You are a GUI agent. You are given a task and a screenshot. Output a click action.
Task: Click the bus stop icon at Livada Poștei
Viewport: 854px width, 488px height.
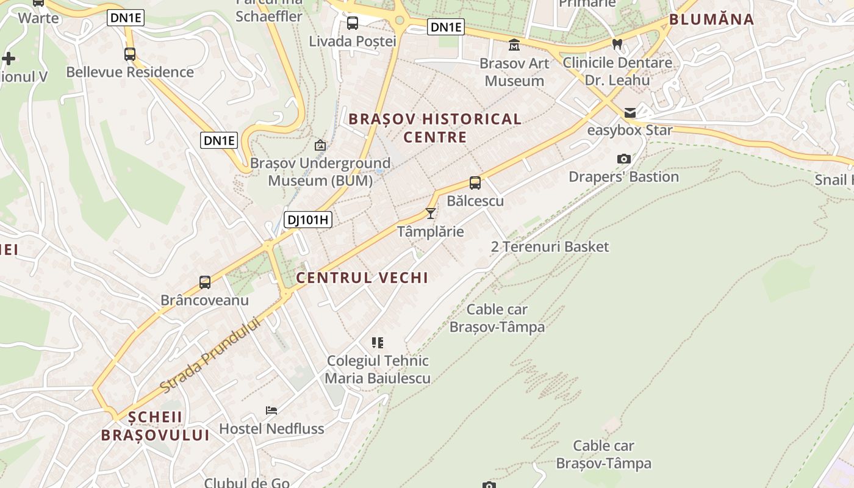[353, 23]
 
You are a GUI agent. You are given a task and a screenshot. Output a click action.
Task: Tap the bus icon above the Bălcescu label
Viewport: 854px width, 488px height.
[475, 182]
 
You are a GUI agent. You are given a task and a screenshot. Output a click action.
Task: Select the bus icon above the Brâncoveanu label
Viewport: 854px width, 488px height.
[205, 282]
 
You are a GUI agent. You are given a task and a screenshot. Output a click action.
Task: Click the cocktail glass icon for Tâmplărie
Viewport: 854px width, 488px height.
[431, 213]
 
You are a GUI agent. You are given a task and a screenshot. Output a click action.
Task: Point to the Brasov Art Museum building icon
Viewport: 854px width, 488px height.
[514, 45]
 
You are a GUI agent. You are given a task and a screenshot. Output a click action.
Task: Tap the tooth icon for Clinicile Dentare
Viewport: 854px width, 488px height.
[617, 44]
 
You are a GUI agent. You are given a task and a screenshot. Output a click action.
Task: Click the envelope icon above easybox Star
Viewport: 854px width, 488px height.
[630, 112]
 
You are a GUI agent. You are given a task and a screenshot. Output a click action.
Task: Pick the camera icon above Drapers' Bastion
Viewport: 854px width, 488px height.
[623, 159]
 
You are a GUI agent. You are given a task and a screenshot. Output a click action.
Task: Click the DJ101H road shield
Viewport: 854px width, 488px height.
[308, 220]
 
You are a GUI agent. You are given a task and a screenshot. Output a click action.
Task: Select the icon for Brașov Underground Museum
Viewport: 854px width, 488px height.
[320, 145]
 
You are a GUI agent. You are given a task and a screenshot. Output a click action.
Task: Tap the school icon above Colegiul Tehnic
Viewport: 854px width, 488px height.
[378, 343]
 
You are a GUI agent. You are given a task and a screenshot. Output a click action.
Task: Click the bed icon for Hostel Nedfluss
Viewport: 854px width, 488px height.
[271, 411]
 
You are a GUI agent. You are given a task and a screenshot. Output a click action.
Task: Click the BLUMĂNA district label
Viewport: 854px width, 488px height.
[712, 20]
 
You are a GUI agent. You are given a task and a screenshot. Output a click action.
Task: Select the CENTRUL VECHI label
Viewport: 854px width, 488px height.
[362, 278]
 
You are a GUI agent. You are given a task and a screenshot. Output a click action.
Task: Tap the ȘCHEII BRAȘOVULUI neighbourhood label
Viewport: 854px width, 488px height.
[156, 426]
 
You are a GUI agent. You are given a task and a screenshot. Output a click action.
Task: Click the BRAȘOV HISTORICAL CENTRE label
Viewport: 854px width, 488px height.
[435, 127]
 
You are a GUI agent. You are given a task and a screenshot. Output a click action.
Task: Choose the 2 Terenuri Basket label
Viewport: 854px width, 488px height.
[550, 246]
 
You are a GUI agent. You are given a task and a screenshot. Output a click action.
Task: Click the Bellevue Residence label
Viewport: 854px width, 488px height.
[130, 72]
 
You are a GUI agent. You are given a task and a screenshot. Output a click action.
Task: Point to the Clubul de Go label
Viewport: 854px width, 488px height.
[246, 483]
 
